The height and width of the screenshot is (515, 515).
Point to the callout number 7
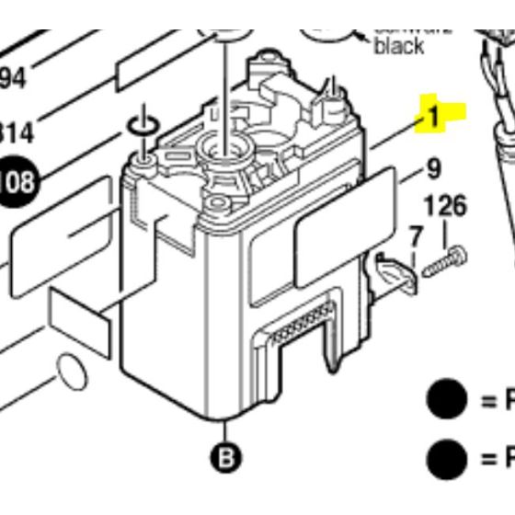point(416,237)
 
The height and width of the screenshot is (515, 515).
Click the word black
point(398,44)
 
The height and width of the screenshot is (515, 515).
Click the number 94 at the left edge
point(12,79)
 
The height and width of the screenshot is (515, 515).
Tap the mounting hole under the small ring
point(144,163)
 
